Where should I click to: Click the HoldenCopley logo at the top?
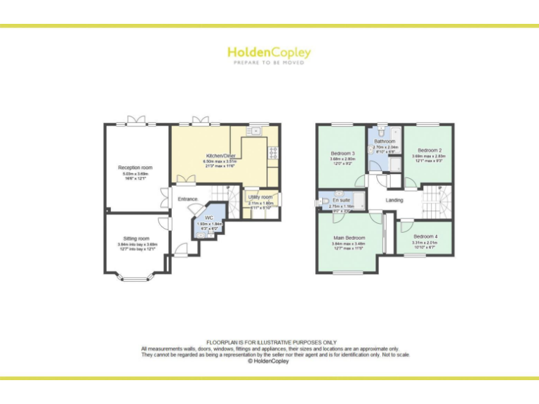click(x=269, y=53)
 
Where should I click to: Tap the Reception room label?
click(x=135, y=168)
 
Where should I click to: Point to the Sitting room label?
click(x=133, y=238)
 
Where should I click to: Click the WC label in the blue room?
click(x=209, y=217)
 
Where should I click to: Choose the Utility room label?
click(x=260, y=197)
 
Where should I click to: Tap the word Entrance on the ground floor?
click(x=187, y=199)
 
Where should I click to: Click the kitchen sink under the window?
click(x=257, y=130)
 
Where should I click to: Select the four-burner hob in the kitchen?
click(x=272, y=151)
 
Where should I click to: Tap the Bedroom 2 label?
click(x=429, y=150)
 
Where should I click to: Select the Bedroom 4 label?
click(x=425, y=236)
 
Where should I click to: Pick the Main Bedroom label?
click(x=349, y=238)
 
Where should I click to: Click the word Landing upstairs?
click(x=394, y=200)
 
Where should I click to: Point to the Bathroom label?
click(x=385, y=141)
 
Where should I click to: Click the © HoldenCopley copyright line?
click(x=269, y=361)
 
